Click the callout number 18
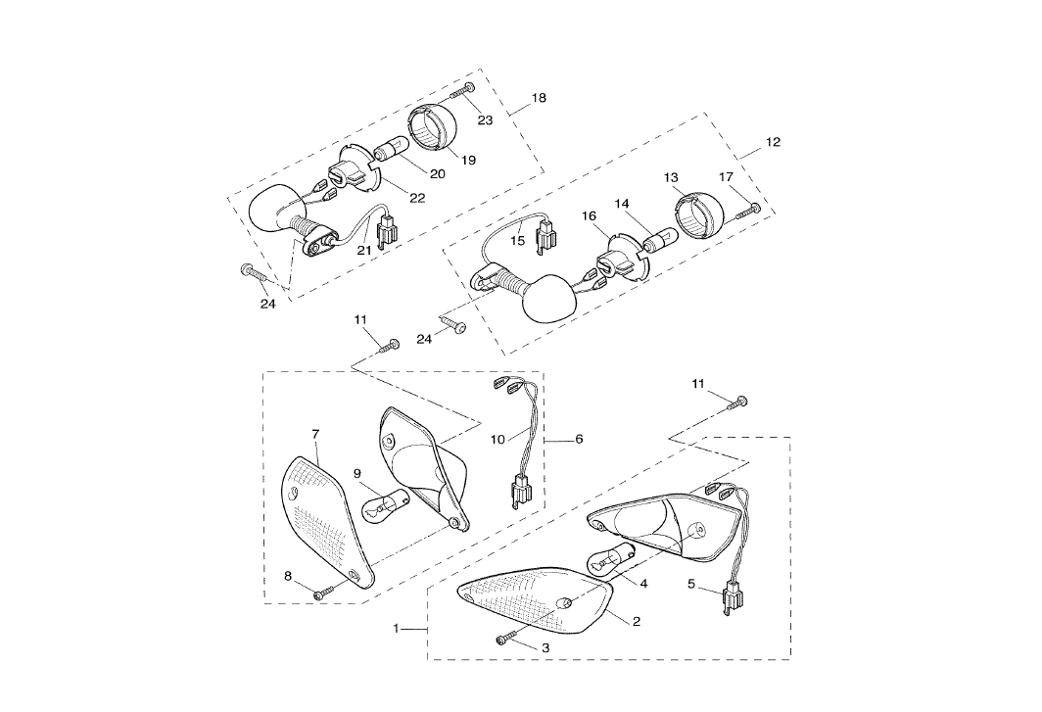click(539, 98)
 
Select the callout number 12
click(773, 142)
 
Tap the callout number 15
click(518, 239)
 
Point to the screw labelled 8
click(324, 593)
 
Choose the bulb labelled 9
click(384, 504)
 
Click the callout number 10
click(497, 440)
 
